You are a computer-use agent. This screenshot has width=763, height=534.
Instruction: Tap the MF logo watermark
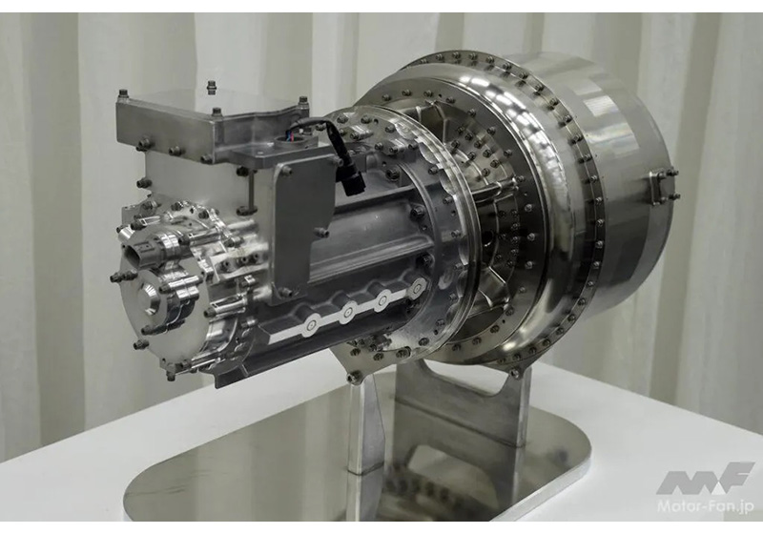pos(705,479)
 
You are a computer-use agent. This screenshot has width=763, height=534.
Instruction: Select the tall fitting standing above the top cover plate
pos(211,89)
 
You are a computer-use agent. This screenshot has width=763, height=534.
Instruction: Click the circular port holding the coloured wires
pos(291,142)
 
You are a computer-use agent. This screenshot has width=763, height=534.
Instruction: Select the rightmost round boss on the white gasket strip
pos(416,290)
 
